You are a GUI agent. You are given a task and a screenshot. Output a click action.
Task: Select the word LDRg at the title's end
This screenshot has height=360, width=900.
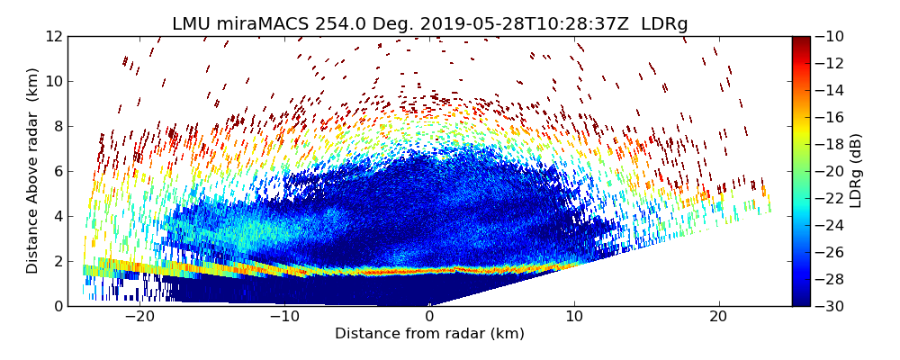click(x=664, y=23)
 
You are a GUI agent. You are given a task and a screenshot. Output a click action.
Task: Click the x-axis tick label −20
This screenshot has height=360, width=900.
click(x=139, y=317)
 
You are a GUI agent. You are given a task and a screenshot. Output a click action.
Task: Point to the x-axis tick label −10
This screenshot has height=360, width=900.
click(x=284, y=317)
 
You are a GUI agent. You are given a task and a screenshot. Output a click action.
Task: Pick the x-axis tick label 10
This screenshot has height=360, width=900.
click(x=574, y=317)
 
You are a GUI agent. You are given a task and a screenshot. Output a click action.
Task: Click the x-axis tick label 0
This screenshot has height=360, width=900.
click(x=429, y=317)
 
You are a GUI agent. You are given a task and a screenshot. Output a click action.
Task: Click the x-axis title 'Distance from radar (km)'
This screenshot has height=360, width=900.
click(x=429, y=334)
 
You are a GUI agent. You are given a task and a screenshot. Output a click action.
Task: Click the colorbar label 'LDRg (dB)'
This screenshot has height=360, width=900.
click(x=856, y=171)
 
